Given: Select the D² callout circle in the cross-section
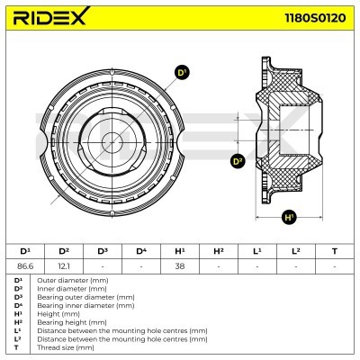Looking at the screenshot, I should pyautogui.click(x=238, y=162).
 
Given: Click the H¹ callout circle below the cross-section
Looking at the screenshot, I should pyautogui.click(x=289, y=217).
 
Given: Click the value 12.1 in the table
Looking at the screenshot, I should pyautogui.click(x=63, y=265).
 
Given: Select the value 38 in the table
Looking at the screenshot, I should pyautogui.click(x=179, y=265).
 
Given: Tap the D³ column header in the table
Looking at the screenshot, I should pyautogui.click(x=102, y=250).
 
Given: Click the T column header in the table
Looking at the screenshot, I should pyautogui.click(x=335, y=250).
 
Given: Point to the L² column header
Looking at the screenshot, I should pyautogui.click(x=295, y=250).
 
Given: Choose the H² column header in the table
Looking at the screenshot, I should pyautogui.click(x=218, y=250).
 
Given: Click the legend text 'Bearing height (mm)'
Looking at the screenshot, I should pyautogui.click(x=68, y=320).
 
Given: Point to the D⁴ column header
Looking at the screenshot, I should pyautogui.click(x=140, y=250).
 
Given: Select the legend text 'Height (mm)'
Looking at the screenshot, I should pyautogui.click(x=57, y=312).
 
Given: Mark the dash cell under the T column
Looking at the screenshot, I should pyautogui.click(x=335, y=265).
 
